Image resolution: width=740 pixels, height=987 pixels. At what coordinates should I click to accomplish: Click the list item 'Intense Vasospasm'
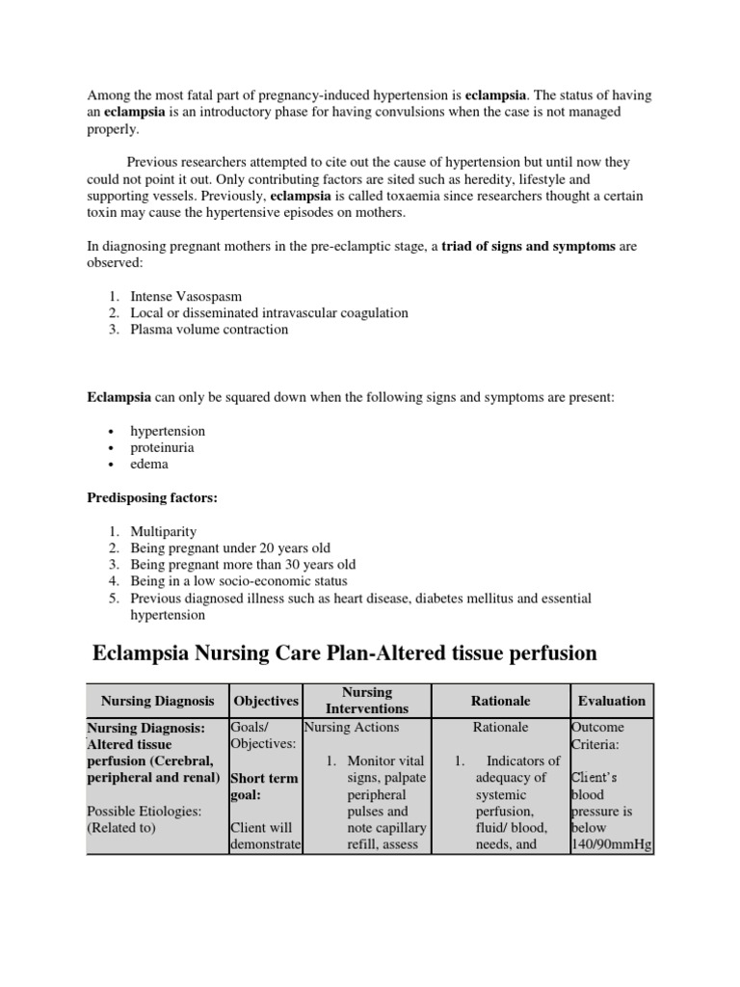[185, 296]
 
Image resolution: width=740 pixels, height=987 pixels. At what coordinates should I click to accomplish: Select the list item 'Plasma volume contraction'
[209, 329]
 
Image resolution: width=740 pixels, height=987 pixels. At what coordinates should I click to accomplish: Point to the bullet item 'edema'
[149, 464]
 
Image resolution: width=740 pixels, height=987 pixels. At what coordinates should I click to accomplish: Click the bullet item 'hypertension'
[168, 431]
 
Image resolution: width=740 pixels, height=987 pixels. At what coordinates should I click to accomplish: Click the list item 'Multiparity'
[164, 531]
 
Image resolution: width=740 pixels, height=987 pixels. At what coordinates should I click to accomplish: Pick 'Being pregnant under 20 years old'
[230, 547]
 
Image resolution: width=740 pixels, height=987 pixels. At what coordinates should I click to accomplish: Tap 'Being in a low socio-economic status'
[239, 581]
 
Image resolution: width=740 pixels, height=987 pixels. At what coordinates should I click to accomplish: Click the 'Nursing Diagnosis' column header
[157, 701]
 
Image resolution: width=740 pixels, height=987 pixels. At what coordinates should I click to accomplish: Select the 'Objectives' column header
[266, 701]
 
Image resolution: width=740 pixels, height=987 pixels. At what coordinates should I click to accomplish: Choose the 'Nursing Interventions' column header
[367, 700]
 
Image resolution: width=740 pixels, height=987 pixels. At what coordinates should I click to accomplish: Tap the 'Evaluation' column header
[612, 701]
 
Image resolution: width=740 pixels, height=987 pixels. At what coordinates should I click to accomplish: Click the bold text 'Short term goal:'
[264, 787]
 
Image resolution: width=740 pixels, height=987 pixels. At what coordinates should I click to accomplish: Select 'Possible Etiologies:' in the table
[145, 811]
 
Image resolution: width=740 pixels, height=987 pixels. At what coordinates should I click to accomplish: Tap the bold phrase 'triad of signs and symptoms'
[529, 247]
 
